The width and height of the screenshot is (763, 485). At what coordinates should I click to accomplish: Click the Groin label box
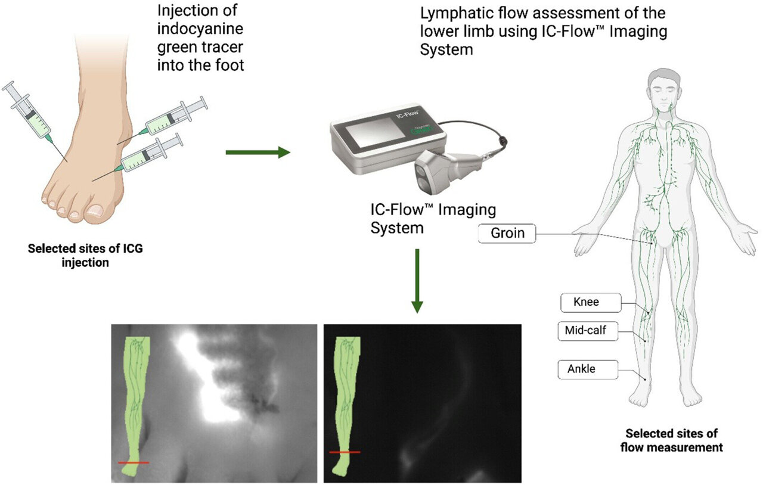pos(507,233)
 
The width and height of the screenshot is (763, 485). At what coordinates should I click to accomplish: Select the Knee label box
pos(586,302)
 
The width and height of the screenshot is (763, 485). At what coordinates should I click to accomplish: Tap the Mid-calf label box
pos(586,331)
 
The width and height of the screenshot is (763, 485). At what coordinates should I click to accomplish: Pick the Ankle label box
pos(581,369)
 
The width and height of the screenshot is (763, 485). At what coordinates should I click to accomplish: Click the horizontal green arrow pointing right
pos(257,153)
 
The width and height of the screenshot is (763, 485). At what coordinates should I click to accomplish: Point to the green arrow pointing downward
pos(417,280)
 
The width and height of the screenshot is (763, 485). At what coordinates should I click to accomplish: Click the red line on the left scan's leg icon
pos(134,462)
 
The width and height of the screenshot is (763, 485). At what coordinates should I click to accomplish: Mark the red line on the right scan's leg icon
pos(345,452)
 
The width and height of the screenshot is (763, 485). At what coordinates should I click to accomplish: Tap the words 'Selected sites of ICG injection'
pos(86,254)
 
